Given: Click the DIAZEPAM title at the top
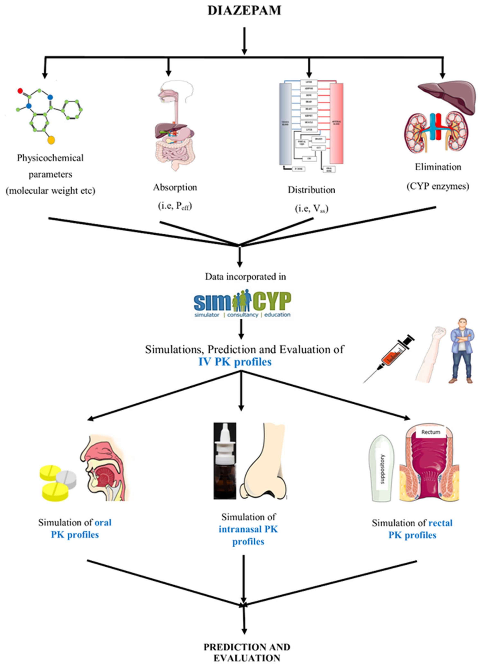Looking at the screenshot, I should [x=244, y=11].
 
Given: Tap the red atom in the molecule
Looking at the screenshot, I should [x=20, y=91].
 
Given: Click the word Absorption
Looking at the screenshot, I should [x=175, y=187].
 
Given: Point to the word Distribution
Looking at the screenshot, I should [x=311, y=190].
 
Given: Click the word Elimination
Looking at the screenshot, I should [x=438, y=167].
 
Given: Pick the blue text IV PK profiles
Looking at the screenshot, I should [x=235, y=362].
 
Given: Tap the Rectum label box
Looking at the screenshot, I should [x=430, y=432].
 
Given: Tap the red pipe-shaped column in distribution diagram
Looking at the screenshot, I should [x=337, y=123].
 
